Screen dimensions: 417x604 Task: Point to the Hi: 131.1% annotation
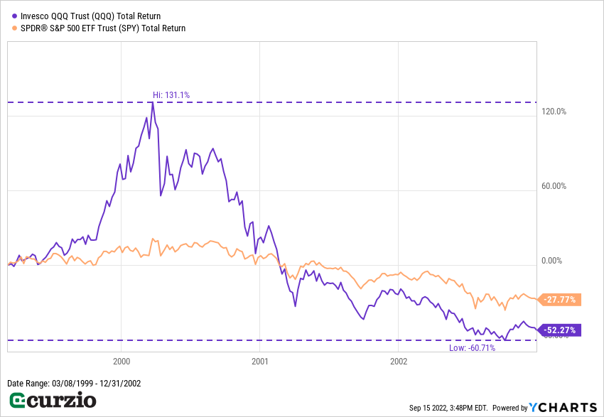tap(171, 94)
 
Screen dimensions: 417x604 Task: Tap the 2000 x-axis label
tap(121, 360)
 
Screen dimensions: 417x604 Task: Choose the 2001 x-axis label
tap(260, 360)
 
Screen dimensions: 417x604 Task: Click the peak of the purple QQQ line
tap(152, 102)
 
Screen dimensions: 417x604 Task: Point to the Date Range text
tap(74, 384)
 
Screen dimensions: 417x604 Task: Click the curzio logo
tap(51, 401)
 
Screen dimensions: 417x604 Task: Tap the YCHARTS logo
tap(562, 407)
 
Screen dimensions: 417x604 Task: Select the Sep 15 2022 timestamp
tap(448, 408)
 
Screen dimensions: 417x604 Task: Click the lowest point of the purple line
tap(505, 340)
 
